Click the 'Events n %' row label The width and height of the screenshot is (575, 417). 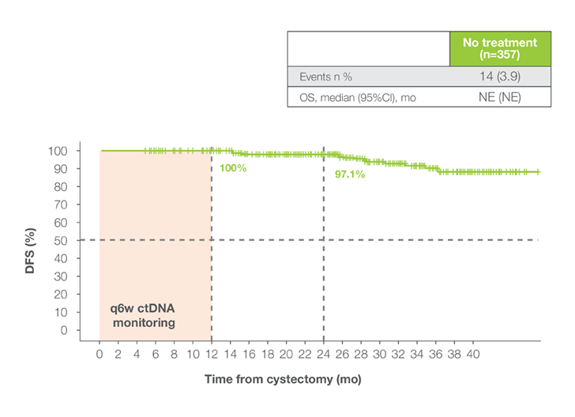[x=326, y=77]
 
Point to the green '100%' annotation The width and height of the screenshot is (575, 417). [x=234, y=168]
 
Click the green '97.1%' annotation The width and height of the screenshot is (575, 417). [x=349, y=174]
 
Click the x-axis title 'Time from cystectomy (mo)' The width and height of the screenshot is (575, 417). [x=282, y=379]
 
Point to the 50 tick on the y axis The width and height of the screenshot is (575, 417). [x=62, y=240]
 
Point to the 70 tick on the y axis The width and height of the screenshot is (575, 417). [x=62, y=205]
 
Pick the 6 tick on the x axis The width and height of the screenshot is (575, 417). [x=156, y=355]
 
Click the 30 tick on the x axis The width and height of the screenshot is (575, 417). [x=380, y=355]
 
